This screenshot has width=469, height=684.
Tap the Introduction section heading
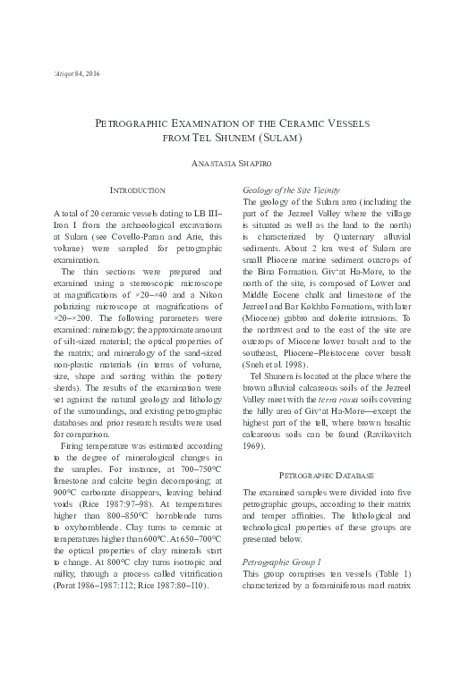point(136,191)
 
